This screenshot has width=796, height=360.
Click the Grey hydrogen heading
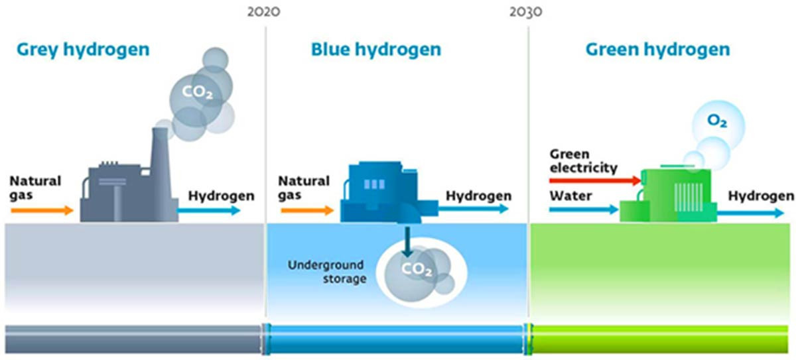click(82, 49)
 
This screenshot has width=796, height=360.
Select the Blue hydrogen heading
click(375, 49)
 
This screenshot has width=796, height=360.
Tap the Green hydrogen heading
click(657, 49)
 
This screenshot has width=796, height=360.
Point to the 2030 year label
click(527, 12)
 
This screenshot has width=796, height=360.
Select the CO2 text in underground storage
click(417, 270)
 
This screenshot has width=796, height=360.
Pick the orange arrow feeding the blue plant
click(307, 211)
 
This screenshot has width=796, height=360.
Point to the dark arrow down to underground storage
click(407, 239)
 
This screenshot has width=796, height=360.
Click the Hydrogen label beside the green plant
click(760, 196)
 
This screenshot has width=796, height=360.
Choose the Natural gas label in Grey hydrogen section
click(35, 188)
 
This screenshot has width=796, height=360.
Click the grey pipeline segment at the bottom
click(133, 338)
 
